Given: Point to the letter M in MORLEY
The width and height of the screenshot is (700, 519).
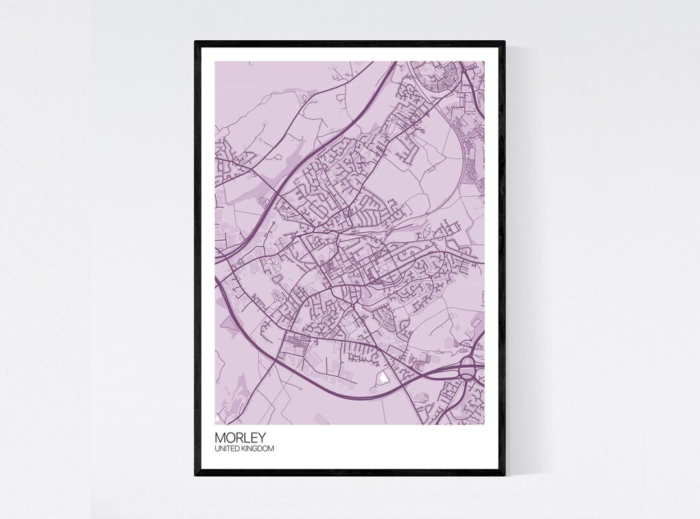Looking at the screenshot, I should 220,437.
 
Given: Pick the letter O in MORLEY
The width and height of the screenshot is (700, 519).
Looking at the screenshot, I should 228,437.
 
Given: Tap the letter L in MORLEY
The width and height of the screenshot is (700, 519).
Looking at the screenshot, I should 240,437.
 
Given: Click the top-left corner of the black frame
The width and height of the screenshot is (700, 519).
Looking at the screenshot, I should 196,42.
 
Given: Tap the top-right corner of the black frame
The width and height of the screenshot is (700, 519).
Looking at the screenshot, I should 504,42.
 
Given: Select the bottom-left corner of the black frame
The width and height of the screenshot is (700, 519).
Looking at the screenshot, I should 196,475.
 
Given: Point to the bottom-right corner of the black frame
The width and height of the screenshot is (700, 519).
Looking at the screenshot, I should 504,475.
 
